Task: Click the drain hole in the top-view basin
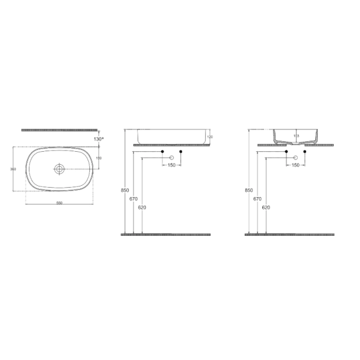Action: coord(59,169)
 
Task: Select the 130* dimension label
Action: coord(98,139)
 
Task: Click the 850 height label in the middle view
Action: coord(125,191)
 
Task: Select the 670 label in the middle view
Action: coord(134,199)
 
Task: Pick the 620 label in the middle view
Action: coord(142,208)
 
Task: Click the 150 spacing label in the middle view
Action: coord(172,165)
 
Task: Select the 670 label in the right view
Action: coord(258,199)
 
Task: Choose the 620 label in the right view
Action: coord(266,208)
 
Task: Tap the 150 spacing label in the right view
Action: coord(295,165)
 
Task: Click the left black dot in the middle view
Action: coord(163,152)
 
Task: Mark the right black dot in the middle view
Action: coord(181,152)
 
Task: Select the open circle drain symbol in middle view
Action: coord(172,158)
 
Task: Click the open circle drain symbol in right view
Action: coord(295,158)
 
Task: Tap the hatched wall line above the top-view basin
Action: coord(59,129)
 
